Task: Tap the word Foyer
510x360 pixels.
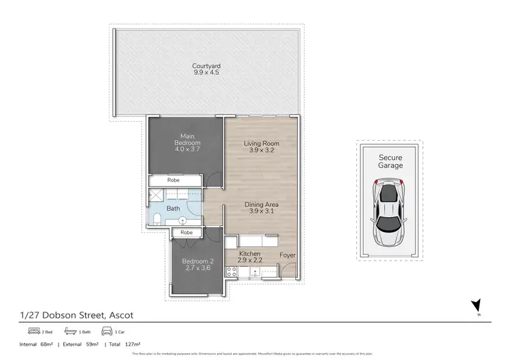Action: tap(288, 257)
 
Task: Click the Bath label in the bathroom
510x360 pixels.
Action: tap(173, 209)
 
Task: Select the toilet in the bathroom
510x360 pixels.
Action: tap(156, 218)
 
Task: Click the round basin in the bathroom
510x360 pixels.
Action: tap(182, 220)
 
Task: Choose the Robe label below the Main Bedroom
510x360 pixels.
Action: tap(173, 180)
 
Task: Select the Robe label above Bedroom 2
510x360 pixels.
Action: tap(186, 233)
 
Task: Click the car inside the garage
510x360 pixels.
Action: tap(388, 206)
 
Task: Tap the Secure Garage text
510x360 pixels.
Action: tap(391, 161)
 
